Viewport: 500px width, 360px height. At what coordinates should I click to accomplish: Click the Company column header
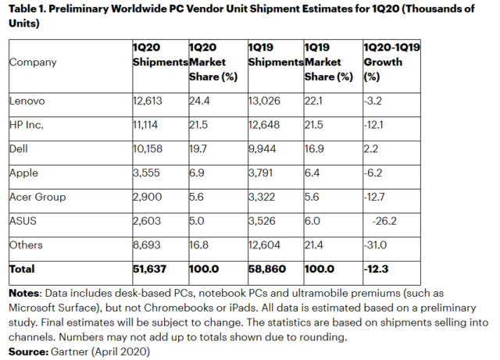tap(33, 62)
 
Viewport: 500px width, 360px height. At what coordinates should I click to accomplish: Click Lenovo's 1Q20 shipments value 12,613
tap(149, 100)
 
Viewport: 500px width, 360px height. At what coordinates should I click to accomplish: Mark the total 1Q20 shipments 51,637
tap(152, 270)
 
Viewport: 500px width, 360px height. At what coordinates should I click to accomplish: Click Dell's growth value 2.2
tap(374, 148)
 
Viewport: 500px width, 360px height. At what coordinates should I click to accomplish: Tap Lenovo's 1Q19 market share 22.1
tap(312, 100)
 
